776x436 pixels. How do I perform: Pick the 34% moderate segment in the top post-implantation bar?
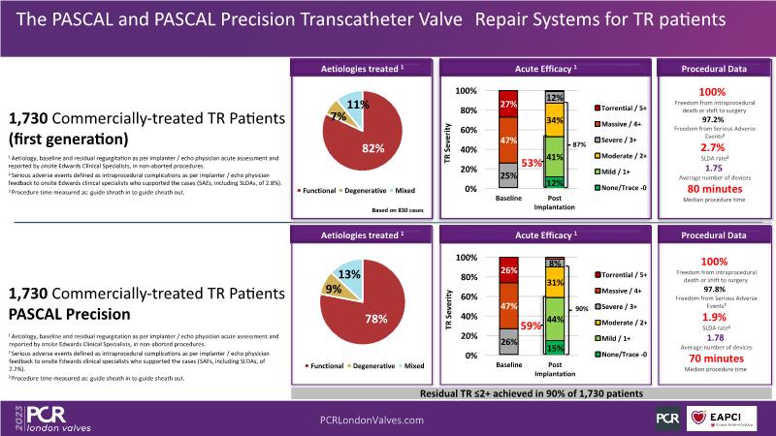tap(555, 121)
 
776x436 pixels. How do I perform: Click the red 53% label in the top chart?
tap(530, 162)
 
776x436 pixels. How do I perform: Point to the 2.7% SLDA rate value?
tap(713, 147)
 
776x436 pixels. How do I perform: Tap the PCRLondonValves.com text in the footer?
tap(372, 420)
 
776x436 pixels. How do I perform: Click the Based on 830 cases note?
tap(399, 210)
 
